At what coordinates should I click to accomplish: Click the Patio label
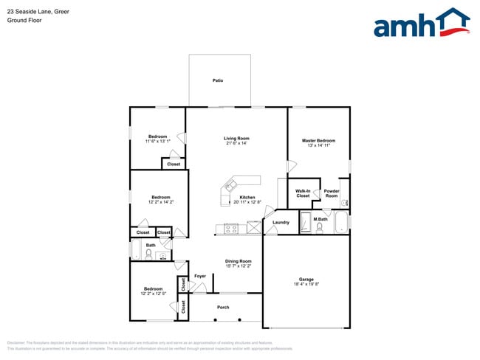click(218, 80)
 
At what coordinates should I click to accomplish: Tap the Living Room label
click(237, 138)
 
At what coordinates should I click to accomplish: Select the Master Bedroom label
click(318, 140)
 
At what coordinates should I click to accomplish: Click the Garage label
click(306, 279)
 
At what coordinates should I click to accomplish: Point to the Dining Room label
click(239, 260)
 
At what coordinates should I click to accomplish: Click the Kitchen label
click(247, 197)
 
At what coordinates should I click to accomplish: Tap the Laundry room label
click(281, 222)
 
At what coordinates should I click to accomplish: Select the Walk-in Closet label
click(303, 193)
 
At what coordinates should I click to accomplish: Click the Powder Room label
click(332, 193)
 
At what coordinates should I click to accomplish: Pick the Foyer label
click(200, 277)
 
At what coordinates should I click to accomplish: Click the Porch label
click(223, 307)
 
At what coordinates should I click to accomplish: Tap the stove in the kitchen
click(231, 229)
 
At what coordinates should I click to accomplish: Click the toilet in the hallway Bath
click(148, 255)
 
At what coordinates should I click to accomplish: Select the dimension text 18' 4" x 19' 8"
click(306, 284)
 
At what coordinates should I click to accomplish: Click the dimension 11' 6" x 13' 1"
click(157, 141)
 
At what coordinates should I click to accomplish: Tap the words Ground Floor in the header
click(24, 21)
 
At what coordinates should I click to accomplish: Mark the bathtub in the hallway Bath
click(135, 250)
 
